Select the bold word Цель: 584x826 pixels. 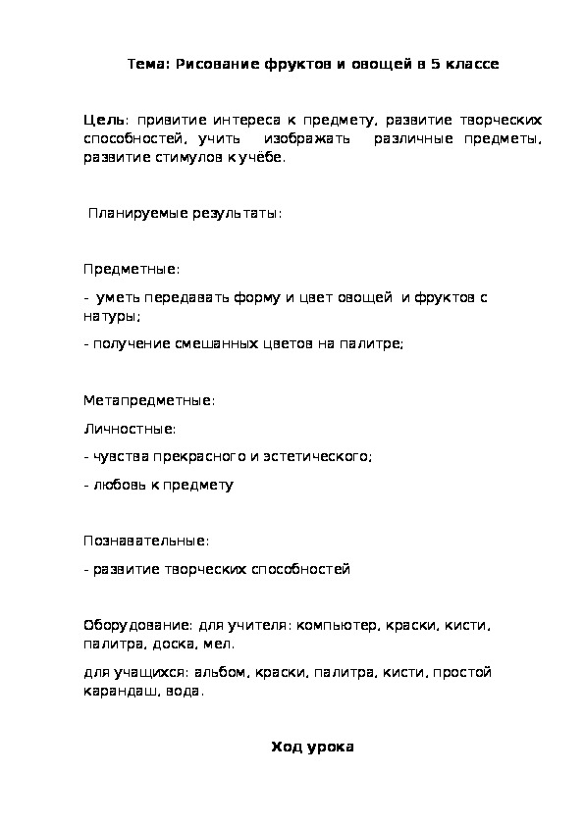102,120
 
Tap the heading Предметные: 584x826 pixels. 132,268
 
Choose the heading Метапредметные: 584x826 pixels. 148,400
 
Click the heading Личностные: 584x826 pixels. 130,429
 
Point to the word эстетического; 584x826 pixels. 320,456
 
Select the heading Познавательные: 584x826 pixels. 146,541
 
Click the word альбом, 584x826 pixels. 222,673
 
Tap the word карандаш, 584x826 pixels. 116,691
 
